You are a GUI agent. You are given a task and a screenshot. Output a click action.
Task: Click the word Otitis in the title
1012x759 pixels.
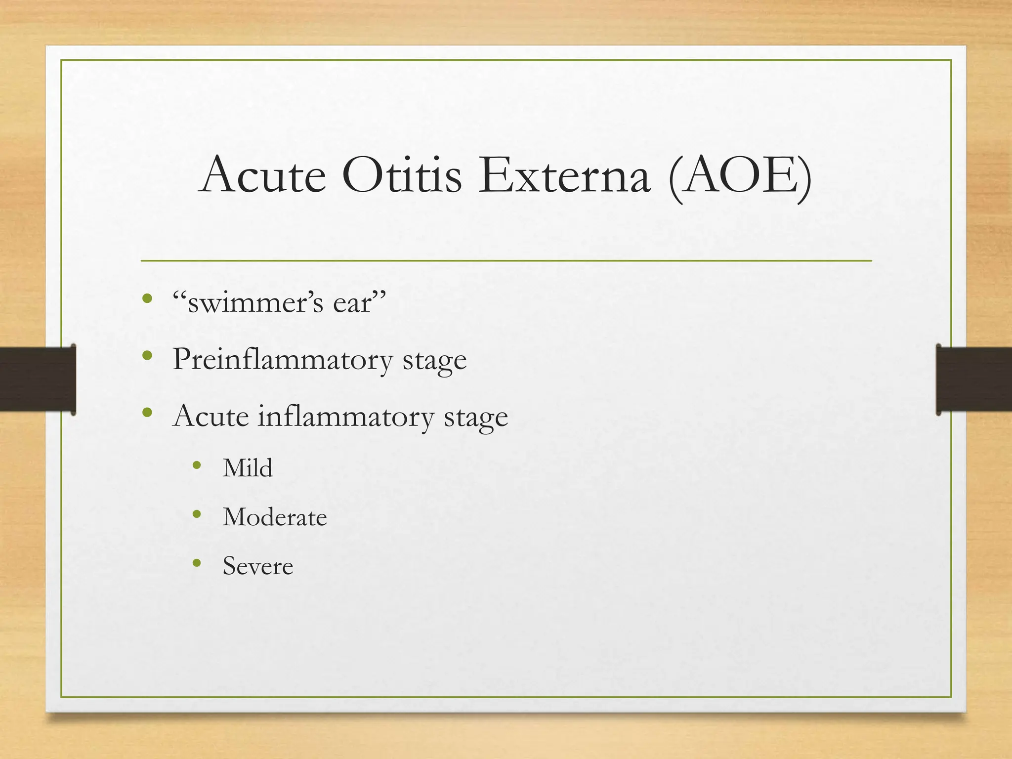point(402,175)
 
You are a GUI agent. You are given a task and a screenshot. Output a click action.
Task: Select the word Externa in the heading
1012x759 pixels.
point(564,175)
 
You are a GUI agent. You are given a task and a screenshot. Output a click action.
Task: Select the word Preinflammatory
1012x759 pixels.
point(282,359)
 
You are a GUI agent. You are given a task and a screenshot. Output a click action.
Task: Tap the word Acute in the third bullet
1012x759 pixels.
point(211,416)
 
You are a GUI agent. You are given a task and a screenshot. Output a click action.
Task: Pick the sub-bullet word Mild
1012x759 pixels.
point(248,468)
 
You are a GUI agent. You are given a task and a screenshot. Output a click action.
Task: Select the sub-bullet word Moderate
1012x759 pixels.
point(275,517)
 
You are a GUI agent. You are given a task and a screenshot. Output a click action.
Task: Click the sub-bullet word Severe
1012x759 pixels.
point(257,566)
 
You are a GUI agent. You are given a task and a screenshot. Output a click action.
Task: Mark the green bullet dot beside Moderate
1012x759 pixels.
point(197,514)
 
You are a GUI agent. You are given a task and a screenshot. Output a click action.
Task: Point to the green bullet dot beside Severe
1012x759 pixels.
point(197,563)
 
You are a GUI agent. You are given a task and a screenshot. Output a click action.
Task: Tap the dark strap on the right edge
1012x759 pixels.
point(974,379)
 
